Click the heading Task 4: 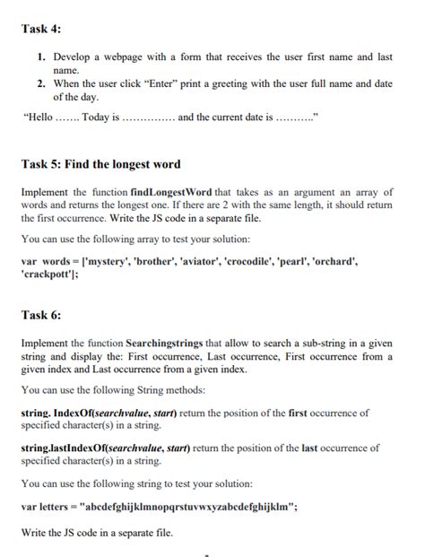(41, 30)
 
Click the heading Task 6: (41, 316)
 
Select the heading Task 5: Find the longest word (100, 164)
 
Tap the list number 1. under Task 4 (41, 57)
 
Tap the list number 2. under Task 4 (41, 83)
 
